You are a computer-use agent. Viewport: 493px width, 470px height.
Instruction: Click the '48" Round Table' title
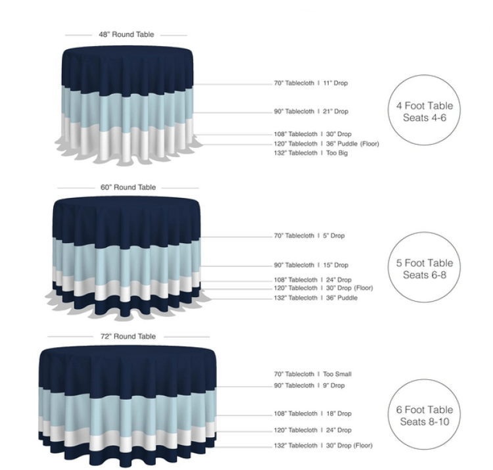[x=126, y=34]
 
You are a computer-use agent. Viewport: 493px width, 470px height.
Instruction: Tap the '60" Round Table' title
[x=128, y=187]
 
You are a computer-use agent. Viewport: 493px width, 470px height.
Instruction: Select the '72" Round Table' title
[x=128, y=337]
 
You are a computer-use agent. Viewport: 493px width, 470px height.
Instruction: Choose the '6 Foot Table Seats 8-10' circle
[x=425, y=415]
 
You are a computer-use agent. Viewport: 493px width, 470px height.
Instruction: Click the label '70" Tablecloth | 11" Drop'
[x=311, y=83]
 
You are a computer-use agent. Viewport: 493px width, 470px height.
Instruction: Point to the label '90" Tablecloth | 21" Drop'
[x=311, y=112]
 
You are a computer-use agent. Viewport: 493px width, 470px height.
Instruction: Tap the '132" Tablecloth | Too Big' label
[x=311, y=153]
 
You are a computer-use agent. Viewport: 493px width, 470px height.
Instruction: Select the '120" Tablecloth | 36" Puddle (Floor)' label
[x=326, y=143]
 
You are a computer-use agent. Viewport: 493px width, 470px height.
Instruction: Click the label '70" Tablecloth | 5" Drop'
[x=309, y=235]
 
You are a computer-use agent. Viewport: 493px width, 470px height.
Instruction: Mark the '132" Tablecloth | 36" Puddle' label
[x=316, y=298]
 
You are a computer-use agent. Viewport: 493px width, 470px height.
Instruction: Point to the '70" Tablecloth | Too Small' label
[x=313, y=374]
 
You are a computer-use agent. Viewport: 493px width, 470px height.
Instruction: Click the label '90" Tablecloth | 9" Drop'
[x=309, y=385]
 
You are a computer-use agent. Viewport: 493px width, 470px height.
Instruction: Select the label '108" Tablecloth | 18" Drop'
[x=312, y=414]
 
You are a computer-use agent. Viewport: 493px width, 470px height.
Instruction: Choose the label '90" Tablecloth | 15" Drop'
[x=311, y=266]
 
